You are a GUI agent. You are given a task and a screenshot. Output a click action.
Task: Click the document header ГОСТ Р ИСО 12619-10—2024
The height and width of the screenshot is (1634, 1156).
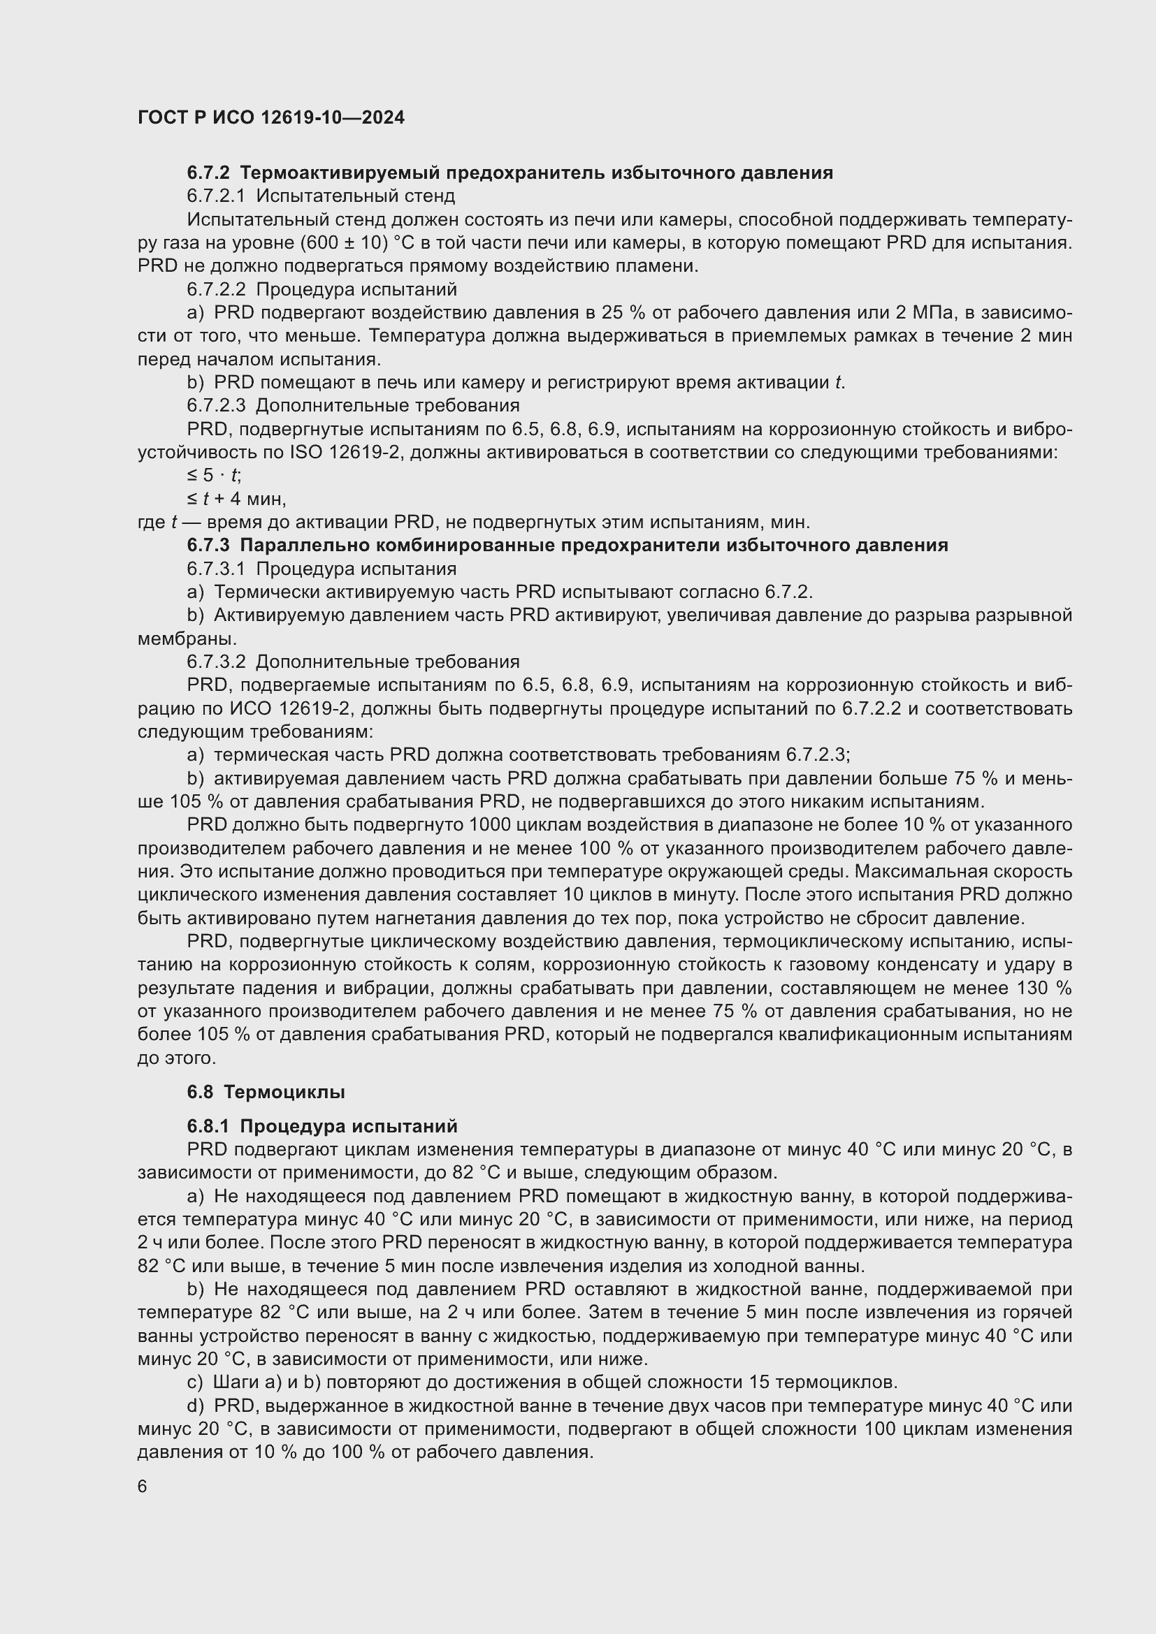tap(270, 118)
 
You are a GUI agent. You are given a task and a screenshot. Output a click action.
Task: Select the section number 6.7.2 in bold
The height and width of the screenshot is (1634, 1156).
tap(210, 173)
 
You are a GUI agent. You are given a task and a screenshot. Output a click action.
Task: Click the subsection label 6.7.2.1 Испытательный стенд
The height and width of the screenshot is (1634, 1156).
tap(320, 196)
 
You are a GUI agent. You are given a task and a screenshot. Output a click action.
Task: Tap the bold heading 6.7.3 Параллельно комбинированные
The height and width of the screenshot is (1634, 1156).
tap(568, 546)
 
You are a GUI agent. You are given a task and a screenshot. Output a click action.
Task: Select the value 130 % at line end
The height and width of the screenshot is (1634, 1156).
tap(1044, 989)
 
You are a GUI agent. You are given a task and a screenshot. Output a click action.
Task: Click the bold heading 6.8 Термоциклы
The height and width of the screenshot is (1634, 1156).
tap(266, 1093)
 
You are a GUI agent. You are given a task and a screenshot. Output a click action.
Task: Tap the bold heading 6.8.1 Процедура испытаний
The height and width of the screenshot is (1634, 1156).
tap(321, 1127)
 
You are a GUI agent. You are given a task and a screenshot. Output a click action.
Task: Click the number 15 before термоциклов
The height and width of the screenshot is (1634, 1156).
tap(760, 1383)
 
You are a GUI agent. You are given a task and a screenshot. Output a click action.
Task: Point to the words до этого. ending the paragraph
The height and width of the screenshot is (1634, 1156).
tap(177, 1058)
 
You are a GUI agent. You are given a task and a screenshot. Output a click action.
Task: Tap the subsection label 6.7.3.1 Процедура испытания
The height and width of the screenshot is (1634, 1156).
tap(321, 569)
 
